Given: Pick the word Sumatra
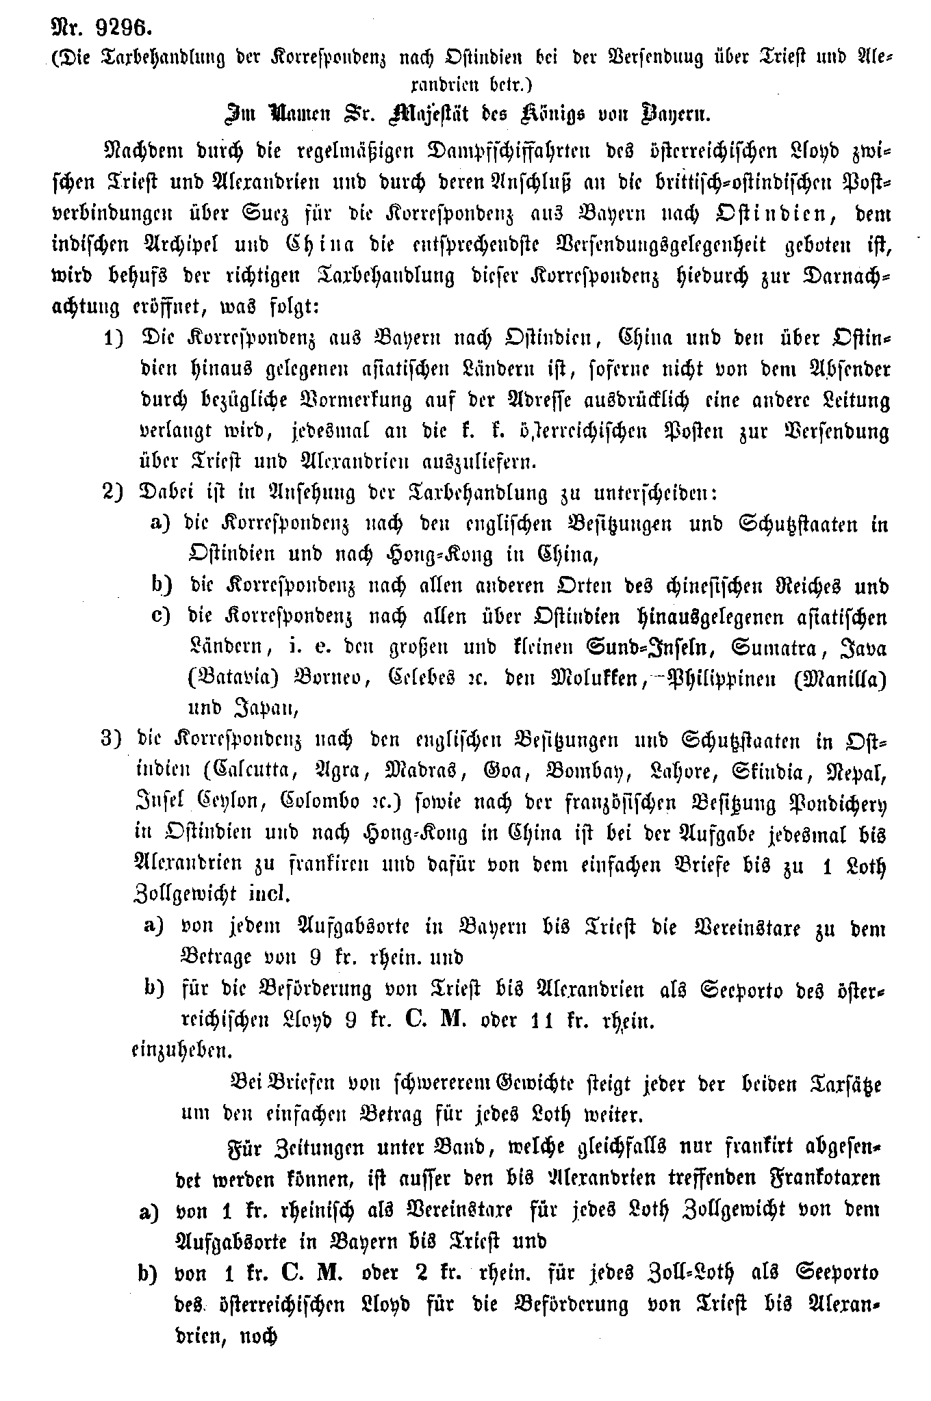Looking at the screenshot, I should pos(770,647).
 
